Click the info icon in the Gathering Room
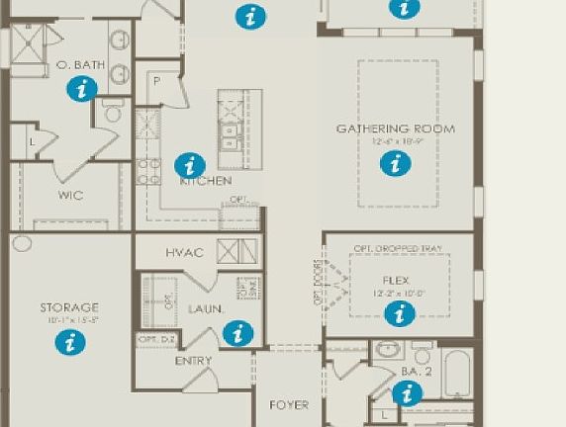395,164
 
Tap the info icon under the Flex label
399,313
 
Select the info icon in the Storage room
69,342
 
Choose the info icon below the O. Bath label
82,89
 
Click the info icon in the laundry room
237,333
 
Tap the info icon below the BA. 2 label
406,393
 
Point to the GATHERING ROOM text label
395,128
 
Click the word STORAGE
69,307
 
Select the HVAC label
185,253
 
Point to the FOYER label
289,404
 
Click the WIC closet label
70,195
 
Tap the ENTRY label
193,361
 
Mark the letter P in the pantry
156,80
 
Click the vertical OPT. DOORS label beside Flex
318,284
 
